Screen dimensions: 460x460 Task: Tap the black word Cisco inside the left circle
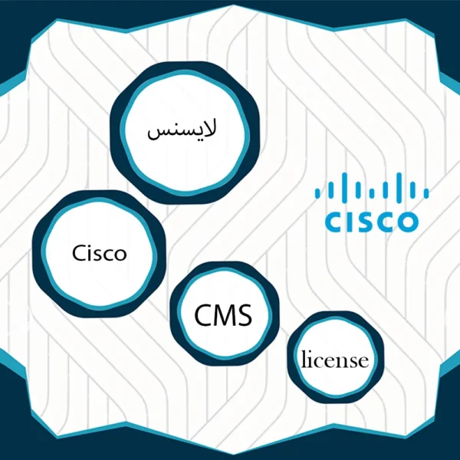click(x=100, y=253)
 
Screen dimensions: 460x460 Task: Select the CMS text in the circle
click(x=223, y=315)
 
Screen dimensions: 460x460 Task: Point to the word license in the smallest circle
click(x=335, y=359)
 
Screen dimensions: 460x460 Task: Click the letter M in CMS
click(x=224, y=315)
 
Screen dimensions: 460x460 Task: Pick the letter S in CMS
click(x=245, y=315)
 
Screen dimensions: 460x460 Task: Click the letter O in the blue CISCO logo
click(x=406, y=222)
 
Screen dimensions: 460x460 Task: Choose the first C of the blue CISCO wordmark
click(x=333, y=222)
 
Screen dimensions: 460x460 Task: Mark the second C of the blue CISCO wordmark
click(x=381, y=222)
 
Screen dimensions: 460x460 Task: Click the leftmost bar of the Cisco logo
click(x=317, y=193)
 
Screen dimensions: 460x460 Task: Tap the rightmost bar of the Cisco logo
click(x=426, y=193)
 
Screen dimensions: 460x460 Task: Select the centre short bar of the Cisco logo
click(x=372, y=193)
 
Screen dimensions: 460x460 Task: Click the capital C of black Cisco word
click(x=79, y=253)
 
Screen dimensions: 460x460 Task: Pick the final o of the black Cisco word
click(x=120, y=255)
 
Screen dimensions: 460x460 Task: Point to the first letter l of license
click(x=304, y=359)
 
